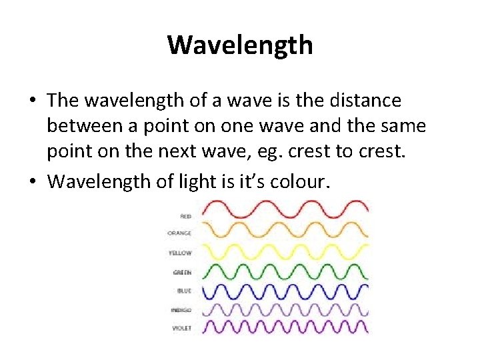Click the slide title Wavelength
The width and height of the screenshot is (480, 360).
(x=240, y=45)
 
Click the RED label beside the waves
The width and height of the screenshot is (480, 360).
(x=185, y=216)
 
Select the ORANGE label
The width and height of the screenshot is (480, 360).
(x=180, y=233)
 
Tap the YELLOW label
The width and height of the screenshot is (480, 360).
(x=181, y=253)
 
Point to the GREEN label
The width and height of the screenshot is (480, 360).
(x=182, y=272)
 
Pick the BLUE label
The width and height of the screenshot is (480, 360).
(x=184, y=291)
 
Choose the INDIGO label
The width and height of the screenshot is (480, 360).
(x=181, y=311)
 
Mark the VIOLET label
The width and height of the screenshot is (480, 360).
(x=181, y=328)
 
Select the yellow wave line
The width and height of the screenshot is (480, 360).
(x=283, y=251)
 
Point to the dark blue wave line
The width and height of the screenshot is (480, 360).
(x=283, y=291)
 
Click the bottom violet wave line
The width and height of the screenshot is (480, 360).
(x=283, y=327)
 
